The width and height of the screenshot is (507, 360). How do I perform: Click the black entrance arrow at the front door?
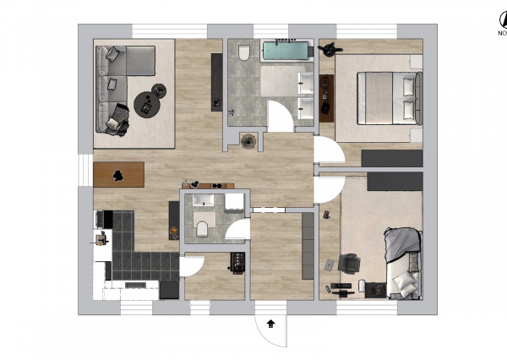[270, 322]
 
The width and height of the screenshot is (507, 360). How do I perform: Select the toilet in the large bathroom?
[244, 54]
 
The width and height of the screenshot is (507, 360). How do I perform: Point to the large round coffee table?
[147, 104]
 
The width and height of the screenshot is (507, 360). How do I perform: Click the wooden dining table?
[118, 174]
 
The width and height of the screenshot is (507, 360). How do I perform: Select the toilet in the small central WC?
[202, 228]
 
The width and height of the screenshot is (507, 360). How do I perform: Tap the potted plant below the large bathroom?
[248, 141]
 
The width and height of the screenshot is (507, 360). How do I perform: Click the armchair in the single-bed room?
[348, 264]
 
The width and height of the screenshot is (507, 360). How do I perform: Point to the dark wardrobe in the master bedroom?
[391, 158]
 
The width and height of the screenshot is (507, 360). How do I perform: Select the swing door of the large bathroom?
[281, 117]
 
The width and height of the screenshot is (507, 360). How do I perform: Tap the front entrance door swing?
[272, 325]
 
